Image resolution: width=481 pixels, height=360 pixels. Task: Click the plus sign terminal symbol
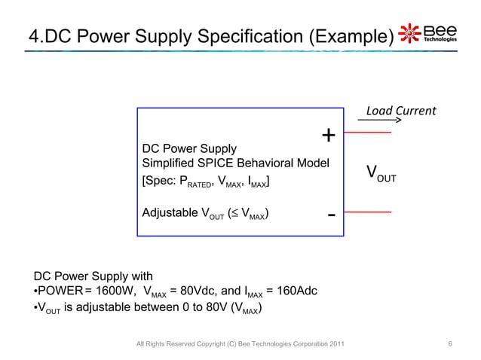329,136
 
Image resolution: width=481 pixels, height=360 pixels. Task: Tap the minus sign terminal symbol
331,215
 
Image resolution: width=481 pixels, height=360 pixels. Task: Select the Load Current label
400,111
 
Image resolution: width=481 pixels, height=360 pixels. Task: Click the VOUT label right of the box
381,175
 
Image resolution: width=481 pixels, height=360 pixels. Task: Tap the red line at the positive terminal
369,133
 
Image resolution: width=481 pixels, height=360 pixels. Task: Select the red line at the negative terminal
369,212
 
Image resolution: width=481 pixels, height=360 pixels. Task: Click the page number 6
450,344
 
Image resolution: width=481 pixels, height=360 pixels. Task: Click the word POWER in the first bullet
61,292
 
